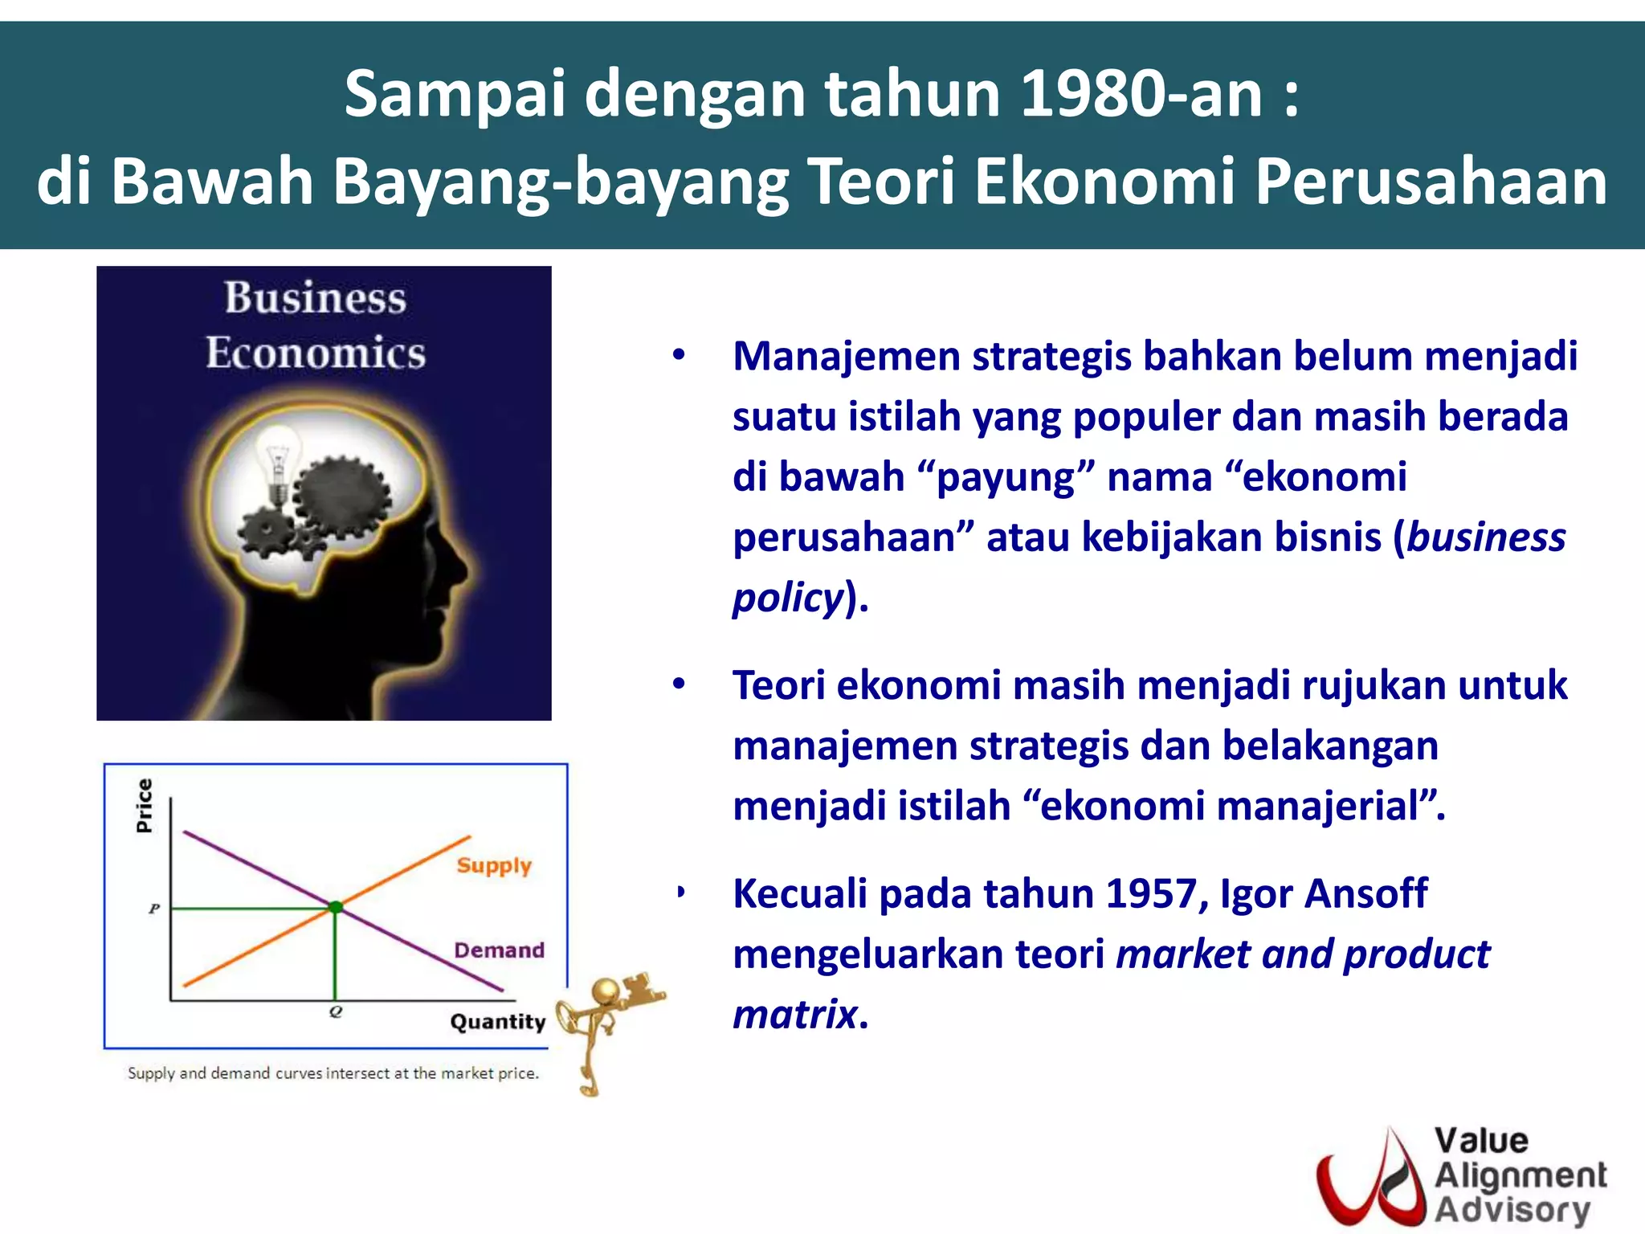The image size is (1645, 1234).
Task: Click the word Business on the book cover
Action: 315,298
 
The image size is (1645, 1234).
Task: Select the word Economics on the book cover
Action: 315,353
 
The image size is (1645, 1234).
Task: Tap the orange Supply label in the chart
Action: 494,865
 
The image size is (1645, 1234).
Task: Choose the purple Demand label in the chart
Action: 499,950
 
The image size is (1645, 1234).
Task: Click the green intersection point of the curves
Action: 336,907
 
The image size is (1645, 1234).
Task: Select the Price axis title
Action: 145,806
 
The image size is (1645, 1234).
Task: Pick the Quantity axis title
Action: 497,1022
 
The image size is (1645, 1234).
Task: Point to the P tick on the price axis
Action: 154,909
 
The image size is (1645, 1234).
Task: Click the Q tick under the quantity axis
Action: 336,1012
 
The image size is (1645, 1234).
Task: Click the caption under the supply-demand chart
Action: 333,1073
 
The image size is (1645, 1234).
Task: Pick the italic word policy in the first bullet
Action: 787,598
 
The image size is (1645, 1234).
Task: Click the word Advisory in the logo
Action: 1512,1209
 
